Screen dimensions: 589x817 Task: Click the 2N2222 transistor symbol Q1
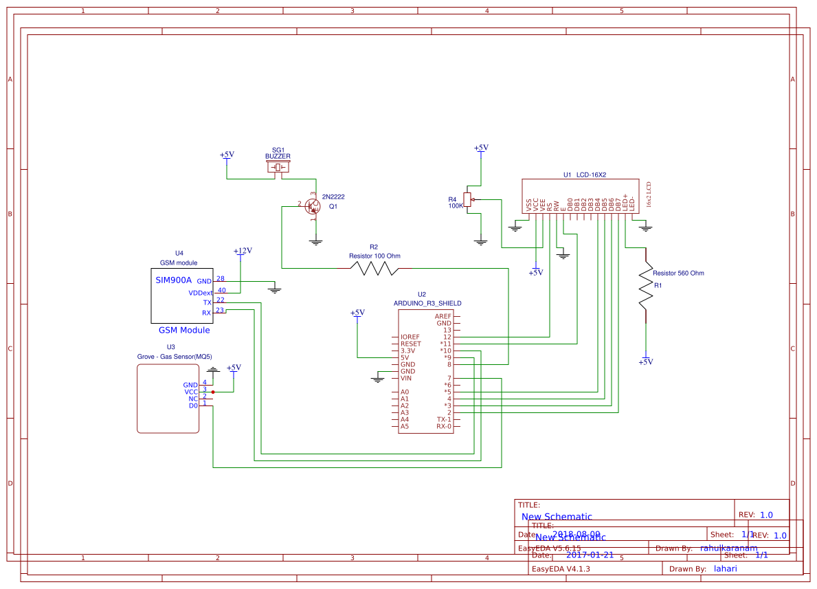click(313, 206)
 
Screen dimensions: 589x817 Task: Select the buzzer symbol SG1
click(278, 168)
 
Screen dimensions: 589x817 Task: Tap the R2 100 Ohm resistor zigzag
click(374, 268)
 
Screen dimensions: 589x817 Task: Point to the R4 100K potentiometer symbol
click(467, 199)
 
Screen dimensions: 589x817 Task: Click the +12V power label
click(243, 251)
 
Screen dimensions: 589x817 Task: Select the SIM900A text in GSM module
click(173, 280)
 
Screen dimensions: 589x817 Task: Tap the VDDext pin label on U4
click(201, 293)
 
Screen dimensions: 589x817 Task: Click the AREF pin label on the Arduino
click(443, 316)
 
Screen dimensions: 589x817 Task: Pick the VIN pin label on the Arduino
click(406, 378)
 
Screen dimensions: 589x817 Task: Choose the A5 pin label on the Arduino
click(405, 426)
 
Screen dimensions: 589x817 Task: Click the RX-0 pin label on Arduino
click(444, 426)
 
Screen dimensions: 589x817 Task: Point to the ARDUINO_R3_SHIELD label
click(427, 303)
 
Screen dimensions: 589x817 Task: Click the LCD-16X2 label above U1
click(591, 175)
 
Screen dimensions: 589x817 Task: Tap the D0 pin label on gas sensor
click(193, 405)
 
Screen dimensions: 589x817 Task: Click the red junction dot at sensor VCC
click(213, 392)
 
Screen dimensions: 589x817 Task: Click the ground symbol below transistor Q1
click(316, 241)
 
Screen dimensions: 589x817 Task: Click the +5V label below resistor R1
click(646, 362)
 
